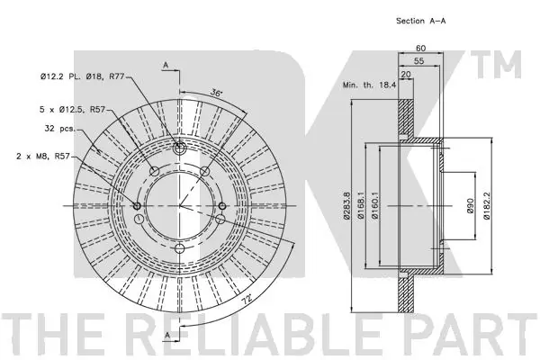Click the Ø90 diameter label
tap(469, 205)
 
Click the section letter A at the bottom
tap(167, 337)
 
